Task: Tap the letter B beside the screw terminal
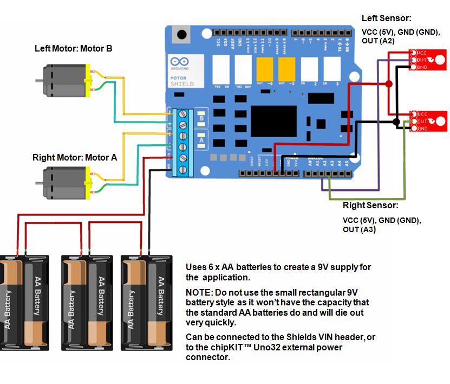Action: point(201,118)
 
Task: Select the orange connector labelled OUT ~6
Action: point(264,69)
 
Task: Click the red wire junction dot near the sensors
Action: point(389,84)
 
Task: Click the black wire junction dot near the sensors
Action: point(396,122)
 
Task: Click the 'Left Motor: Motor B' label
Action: point(73,48)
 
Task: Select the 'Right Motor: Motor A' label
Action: point(74,158)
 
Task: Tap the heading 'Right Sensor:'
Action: point(370,206)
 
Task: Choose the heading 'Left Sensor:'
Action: point(386,18)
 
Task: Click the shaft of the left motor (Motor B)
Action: point(39,80)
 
